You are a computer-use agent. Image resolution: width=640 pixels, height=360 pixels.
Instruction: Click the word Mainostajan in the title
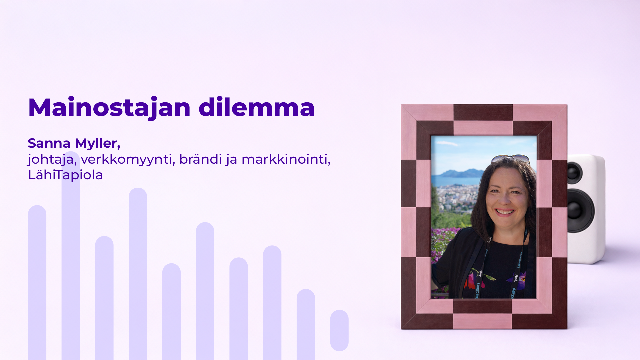(109, 108)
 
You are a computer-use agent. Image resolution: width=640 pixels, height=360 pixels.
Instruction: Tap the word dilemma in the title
(256, 108)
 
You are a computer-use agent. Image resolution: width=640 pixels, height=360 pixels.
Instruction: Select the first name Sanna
(49, 143)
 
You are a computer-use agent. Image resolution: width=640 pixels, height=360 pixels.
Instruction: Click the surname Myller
(97, 143)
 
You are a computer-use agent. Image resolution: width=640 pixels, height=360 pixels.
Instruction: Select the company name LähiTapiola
(65, 175)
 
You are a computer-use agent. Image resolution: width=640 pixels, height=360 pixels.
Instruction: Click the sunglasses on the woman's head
(510, 158)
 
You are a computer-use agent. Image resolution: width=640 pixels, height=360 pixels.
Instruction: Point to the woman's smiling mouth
(505, 212)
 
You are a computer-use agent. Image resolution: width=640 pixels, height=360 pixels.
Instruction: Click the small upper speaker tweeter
(574, 172)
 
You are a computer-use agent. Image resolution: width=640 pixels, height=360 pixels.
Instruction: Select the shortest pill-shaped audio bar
(339, 330)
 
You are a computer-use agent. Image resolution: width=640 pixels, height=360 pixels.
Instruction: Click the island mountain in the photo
(462, 173)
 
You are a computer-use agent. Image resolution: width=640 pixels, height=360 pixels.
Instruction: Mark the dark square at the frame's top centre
(483, 112)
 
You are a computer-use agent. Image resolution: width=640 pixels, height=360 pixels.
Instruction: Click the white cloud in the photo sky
(447, 143)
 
